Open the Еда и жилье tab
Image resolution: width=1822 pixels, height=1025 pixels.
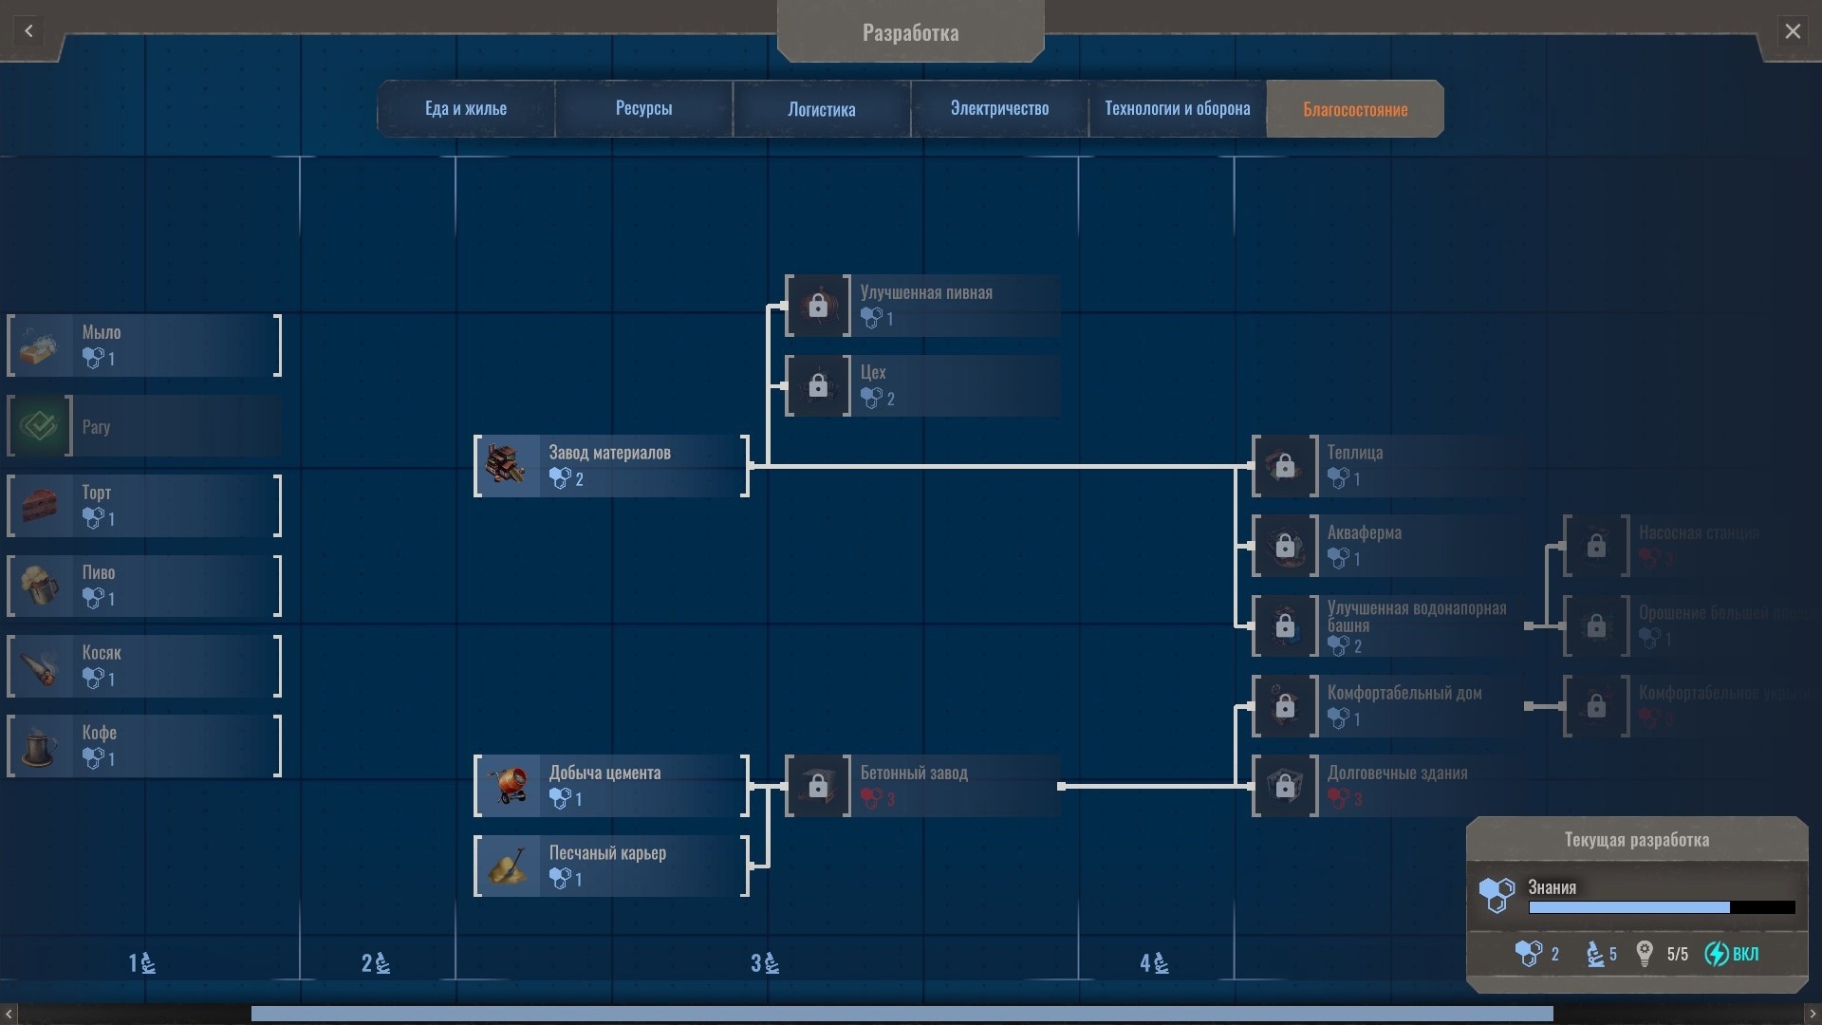(465, 109)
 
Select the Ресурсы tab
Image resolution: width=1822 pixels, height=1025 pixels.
(643, 109)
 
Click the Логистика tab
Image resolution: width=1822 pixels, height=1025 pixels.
(821, 109)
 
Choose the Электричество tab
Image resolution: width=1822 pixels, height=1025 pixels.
(999, 109)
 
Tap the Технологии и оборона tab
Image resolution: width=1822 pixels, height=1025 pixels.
(1177, 109)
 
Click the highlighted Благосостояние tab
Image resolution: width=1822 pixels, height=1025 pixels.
(1354, 109)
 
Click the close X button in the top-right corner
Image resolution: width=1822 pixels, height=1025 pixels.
(1792, 31)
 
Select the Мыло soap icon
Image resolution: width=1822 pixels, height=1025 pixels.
(40, 345)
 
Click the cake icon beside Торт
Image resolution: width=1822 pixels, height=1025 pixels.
(40, 506)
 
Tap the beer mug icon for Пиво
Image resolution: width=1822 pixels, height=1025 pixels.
(40, 586)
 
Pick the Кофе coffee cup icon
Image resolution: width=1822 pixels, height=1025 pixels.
(40, 746)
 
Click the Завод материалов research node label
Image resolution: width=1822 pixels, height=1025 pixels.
(609, 453)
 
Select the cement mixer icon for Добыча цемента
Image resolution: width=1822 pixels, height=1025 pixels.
(507, 786)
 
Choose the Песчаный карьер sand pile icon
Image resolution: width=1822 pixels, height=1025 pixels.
(507, 866)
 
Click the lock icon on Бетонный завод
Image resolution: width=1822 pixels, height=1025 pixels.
(818, 786)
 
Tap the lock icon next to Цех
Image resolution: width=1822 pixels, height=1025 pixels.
(818, 385)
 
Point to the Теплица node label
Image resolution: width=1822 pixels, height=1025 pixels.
(1354, 453)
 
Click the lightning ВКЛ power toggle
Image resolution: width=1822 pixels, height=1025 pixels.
(1732, 954)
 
